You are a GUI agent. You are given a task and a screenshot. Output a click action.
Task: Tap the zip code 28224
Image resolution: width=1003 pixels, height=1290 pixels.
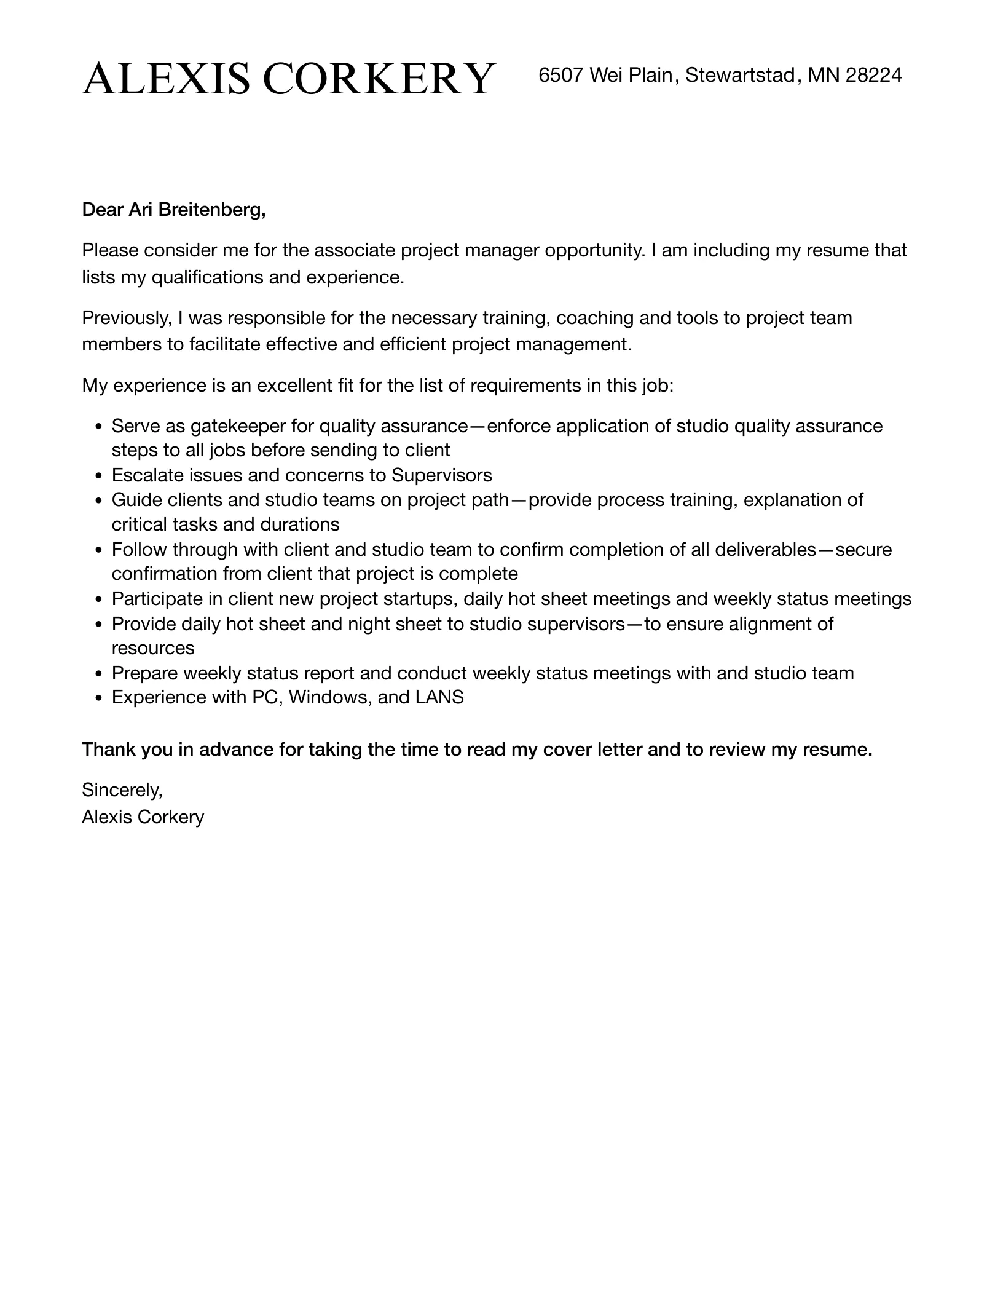[873, 75]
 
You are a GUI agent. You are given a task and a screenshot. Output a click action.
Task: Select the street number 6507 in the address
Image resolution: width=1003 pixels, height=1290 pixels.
[560, 75]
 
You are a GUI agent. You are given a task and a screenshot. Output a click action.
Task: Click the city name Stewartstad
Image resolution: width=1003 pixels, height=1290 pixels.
[740, 75]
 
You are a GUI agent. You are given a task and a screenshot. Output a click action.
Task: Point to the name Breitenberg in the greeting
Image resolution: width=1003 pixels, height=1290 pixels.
[212, 210]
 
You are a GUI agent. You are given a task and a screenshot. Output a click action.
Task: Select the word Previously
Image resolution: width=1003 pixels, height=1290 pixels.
[127, 318]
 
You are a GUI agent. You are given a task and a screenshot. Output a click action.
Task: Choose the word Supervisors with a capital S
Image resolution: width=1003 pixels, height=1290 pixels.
[442, 475]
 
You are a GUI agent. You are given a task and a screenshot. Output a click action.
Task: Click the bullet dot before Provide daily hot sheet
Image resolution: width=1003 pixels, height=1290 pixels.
[98, 625]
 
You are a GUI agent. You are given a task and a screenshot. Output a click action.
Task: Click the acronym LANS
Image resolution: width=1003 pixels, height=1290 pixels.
[439, 697]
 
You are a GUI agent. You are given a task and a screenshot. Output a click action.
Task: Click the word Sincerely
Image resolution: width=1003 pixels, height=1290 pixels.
[122, 789]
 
